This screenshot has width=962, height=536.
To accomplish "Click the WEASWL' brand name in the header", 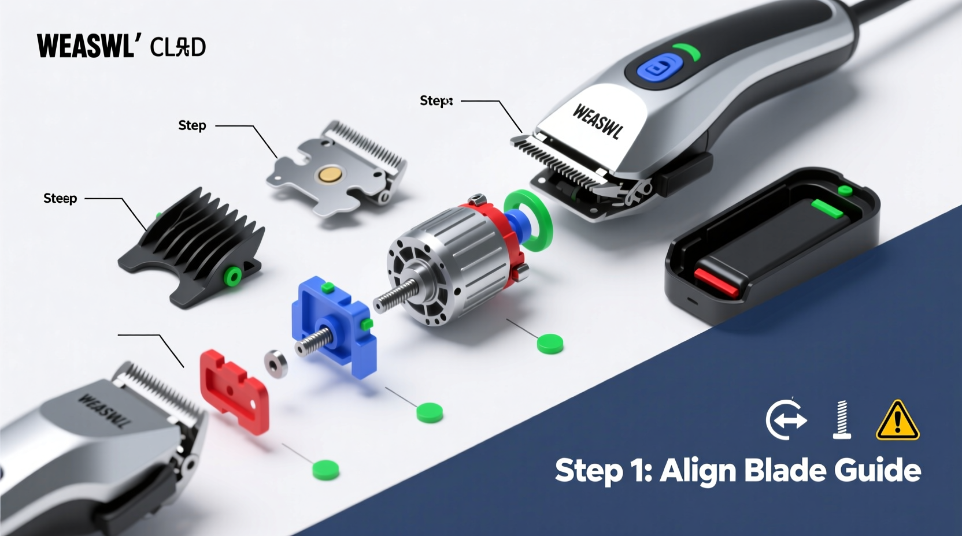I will (86, 46).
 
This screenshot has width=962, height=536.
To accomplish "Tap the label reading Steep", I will (60, 198).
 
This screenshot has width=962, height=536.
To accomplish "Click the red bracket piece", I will (234, 390).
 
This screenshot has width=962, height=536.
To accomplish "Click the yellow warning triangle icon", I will (897, 421).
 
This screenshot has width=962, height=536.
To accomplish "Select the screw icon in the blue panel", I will (841, 419).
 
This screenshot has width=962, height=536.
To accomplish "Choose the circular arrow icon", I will (786, 419).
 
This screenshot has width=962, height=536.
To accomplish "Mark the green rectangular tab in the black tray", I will (827, 209).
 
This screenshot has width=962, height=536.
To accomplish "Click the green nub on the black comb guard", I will (233, 277).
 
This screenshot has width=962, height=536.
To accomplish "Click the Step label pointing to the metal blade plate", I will (192, 125).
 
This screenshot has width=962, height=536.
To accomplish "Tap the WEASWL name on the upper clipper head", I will (598, 121).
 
